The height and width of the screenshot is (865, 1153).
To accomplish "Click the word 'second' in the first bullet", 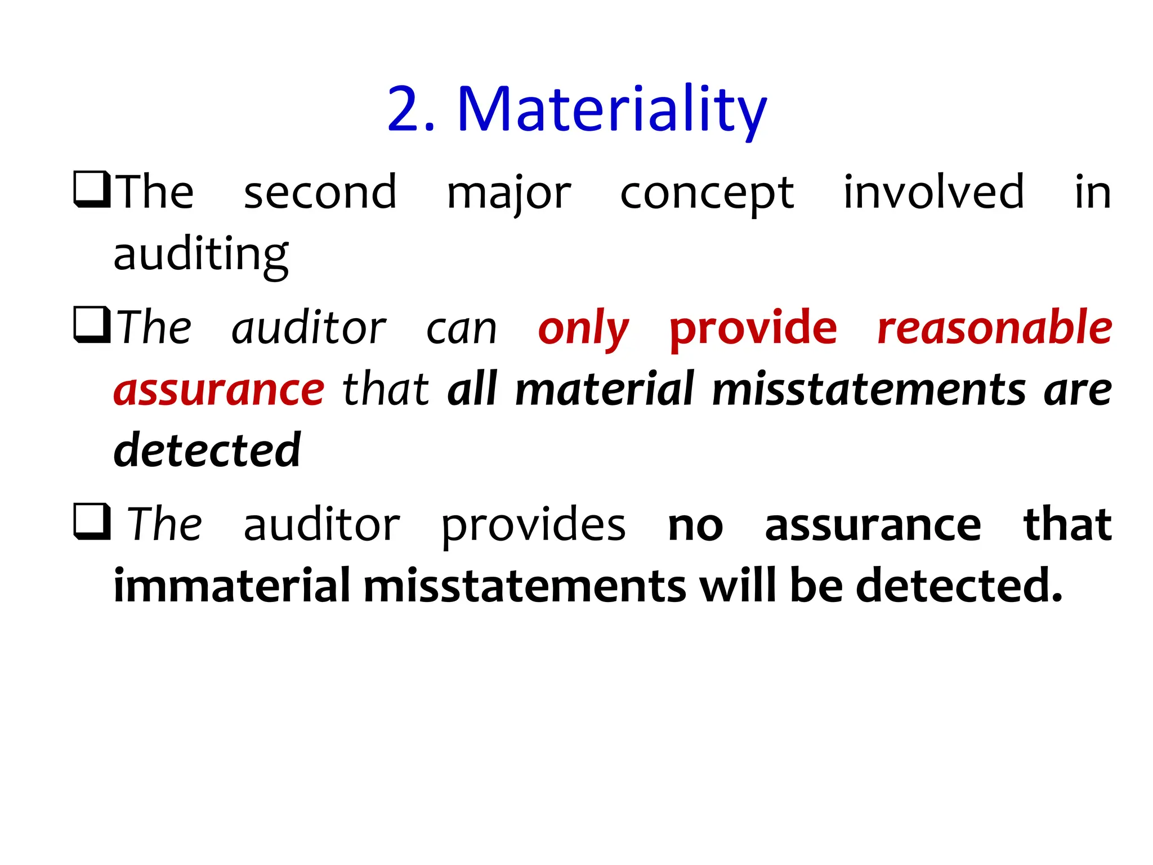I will [x=320, y=193].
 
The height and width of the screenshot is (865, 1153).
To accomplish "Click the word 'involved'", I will [x=933, y=192].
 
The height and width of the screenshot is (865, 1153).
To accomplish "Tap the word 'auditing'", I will [x=201, y=255].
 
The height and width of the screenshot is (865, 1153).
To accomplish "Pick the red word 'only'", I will [x=583, y=329].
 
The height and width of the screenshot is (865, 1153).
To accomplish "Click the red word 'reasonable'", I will [x=994, y=328].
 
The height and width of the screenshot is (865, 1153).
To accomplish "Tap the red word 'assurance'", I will [x=218, y=390].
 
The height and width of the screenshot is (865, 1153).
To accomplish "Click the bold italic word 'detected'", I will [x=207, y=450].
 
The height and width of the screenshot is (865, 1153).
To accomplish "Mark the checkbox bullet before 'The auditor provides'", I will [x=92, y=521].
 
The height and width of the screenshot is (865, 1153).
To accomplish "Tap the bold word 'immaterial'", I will [x=232, y=586].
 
